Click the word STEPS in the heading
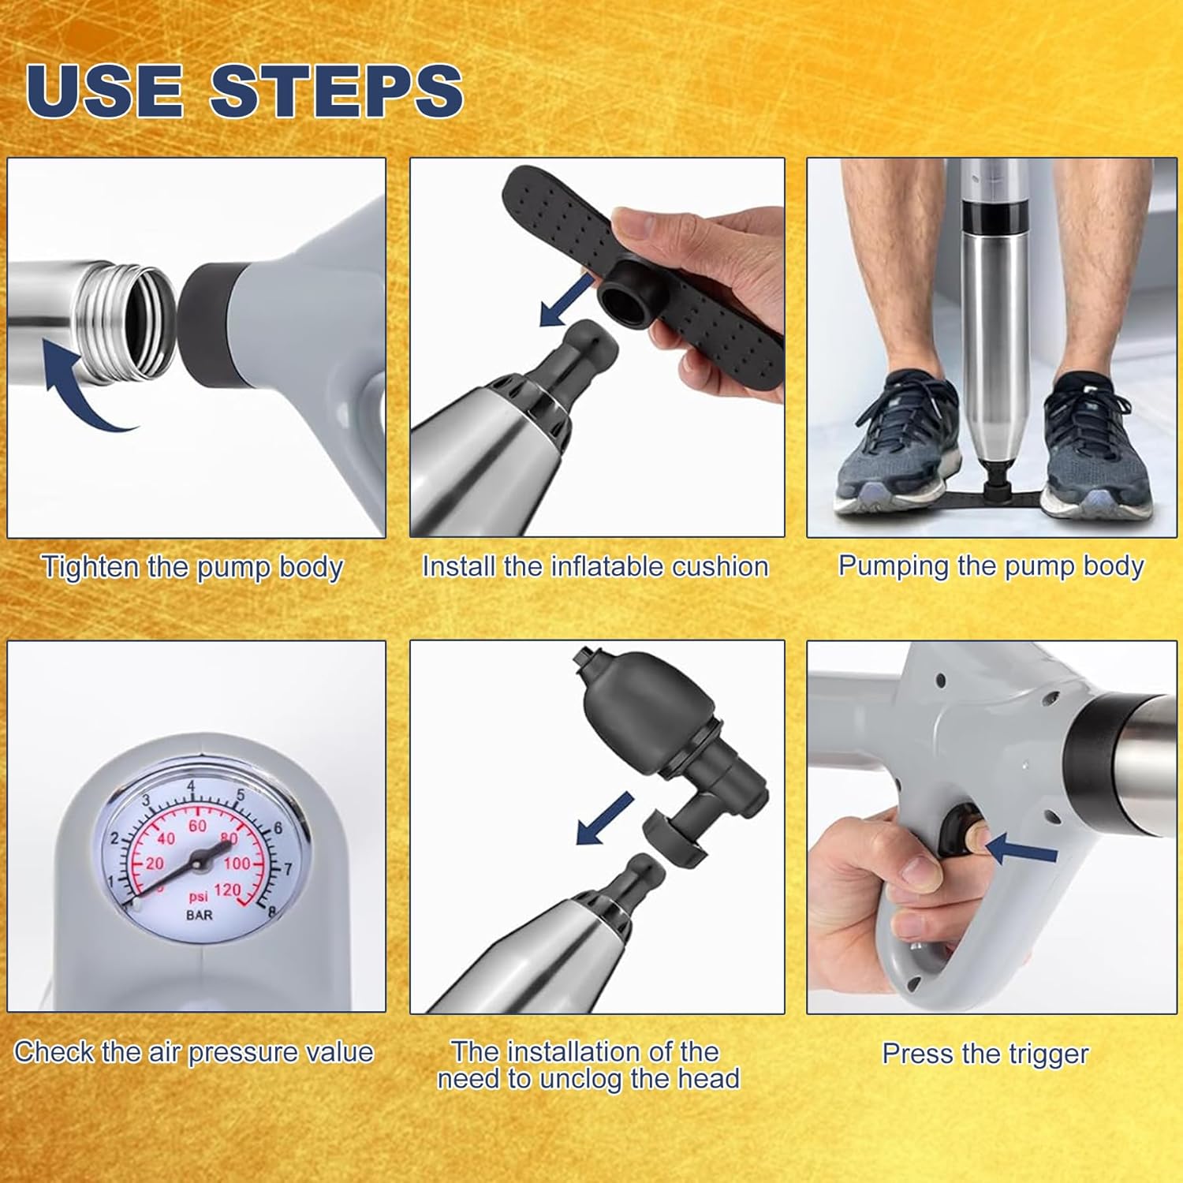[337, 91]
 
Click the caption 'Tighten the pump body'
[192, 568]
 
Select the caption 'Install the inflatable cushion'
[595, 567]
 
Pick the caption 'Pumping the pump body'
[991, 567]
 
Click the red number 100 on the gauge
[237, 864]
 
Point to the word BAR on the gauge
[199, 916]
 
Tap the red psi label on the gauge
[198, 898]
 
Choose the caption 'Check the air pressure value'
[194, 1053]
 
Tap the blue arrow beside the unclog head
[605, 818]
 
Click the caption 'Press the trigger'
[985, 1054]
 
